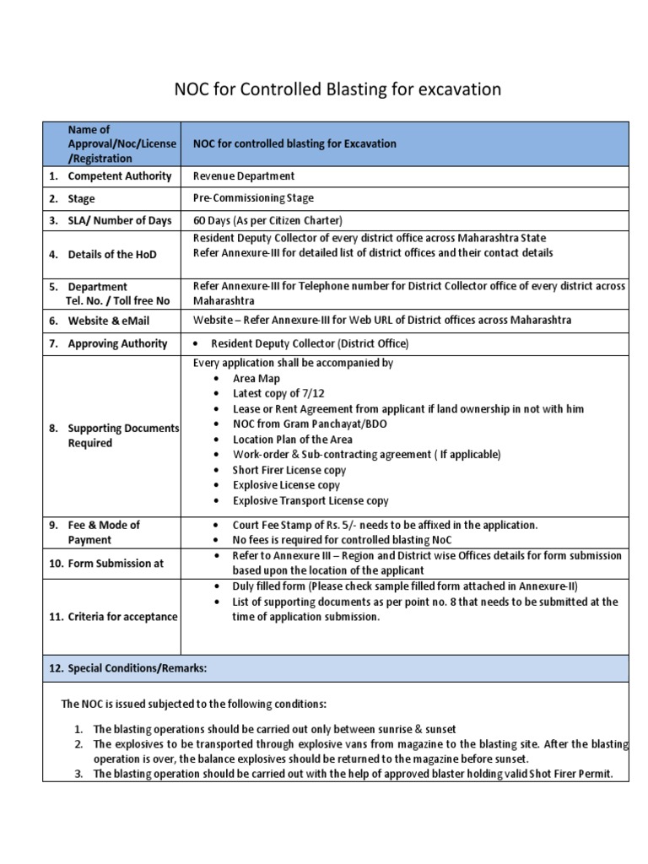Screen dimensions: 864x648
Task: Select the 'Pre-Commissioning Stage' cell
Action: pos(253,198)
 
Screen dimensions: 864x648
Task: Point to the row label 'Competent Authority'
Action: pos(119,175)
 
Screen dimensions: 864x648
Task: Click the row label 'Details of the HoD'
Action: pos(112,254)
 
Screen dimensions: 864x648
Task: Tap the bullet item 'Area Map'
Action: pos(256,379)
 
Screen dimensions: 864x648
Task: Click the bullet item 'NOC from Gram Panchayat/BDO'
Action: pos(310,424)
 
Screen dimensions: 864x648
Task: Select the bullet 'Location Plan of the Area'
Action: pos(292,440)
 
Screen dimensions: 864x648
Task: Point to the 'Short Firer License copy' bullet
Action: pos(289,470)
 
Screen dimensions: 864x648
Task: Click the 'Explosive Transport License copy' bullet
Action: pos(310,500)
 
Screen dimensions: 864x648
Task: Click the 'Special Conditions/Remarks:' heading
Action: pos(127,667)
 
